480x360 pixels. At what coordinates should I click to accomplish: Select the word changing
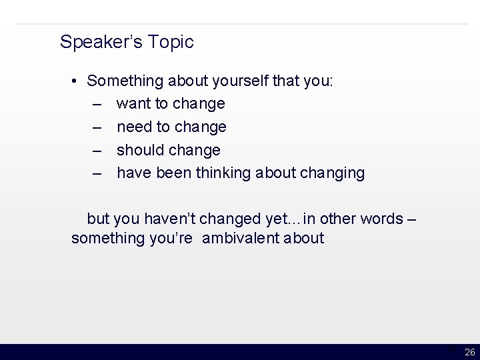[331, 173]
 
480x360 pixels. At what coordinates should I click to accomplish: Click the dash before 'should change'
[98, 150]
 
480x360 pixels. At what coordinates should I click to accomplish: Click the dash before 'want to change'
[98, 105]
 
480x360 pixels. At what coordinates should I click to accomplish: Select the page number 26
[469, 352]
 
